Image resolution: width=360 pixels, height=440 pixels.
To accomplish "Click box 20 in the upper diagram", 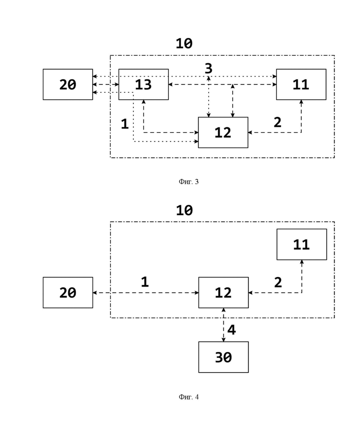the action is pyautogui.click(x=68, y=84).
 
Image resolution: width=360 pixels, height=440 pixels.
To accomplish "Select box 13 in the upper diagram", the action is pyautogui.click(x=144, y=84).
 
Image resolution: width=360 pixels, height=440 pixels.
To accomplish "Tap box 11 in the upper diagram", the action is pyautogui.click(x=301, y=84).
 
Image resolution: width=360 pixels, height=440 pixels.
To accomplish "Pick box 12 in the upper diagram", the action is pyautogui.click(x=223, y=133).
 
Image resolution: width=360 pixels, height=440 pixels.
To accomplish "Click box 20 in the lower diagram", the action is pyautogui.click(x=68, y=293).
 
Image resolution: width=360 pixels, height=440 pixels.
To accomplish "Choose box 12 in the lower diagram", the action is pyautogui.click(x=223, y=293).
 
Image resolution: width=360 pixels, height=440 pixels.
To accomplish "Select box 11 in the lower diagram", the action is pyautogui.click(x=302, y=244).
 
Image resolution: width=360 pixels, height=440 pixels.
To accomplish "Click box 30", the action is pyautogui.click(x=223, y=357).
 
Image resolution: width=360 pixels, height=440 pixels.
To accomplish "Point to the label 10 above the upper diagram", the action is pyautogui.click(x=184, y=43).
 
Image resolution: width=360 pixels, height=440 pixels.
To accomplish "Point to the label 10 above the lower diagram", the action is pyautogui.click(x=184, y=211).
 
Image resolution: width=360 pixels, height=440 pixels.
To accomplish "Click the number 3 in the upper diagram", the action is pyautogui.click(x=209, y=68).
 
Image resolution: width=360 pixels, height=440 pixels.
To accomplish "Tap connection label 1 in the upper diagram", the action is pyautogui.click(x=125, y=124).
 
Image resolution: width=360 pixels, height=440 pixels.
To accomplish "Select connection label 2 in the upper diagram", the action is pyautogui.click(x=277, y=122).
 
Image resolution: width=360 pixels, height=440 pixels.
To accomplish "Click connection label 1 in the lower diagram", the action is pyautogui.click(x=145, y=282).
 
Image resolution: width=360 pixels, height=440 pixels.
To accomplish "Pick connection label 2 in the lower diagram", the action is pyautogui.click(x=278, y=282).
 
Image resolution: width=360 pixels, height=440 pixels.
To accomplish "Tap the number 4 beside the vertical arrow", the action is pyautogui.click(x=232, y=330).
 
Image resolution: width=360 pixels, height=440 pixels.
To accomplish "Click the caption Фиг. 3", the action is pyautogui.click(x=189, y=182).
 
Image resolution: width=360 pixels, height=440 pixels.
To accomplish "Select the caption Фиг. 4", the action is pyautogui.click(x=189, y=397).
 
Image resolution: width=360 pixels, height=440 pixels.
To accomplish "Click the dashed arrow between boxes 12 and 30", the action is pyautogui.click(x=224, y=325).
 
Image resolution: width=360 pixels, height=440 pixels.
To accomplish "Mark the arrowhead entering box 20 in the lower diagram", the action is pyautogui.click(x=95, y=293).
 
